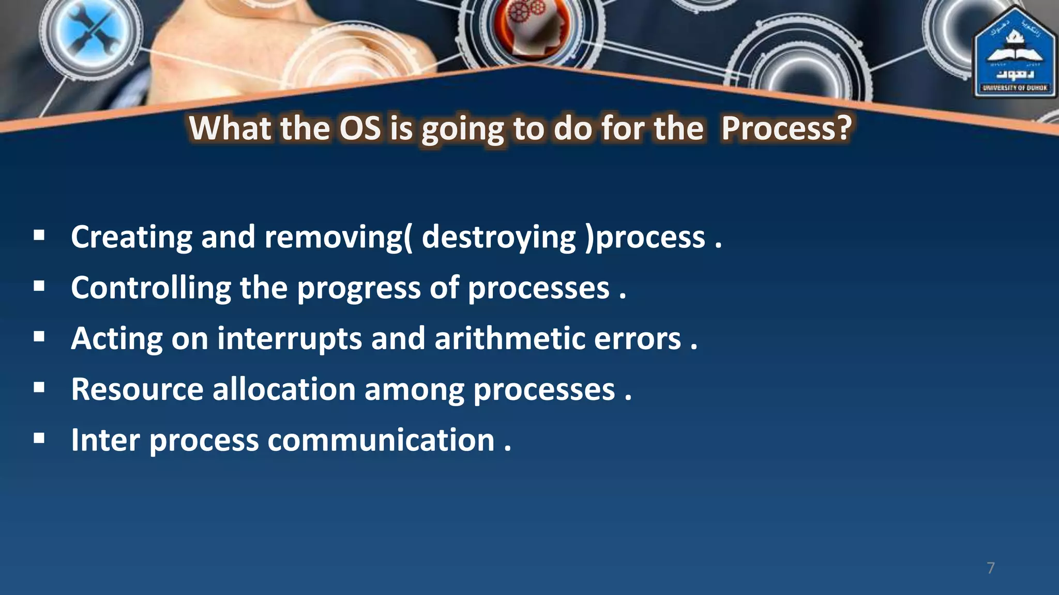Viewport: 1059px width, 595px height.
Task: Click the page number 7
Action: point(990,568)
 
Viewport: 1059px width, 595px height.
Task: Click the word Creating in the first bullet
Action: point(131,237)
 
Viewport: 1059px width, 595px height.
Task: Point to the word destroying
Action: point(498,237)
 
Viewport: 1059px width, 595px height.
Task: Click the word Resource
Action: point(137,389)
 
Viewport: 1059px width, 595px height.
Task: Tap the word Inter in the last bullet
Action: point(105,440)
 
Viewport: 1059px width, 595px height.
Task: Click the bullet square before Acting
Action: point(39,337)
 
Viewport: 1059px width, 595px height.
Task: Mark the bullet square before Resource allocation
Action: point(39,387)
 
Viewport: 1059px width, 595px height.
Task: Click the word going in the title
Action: point(462,129)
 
